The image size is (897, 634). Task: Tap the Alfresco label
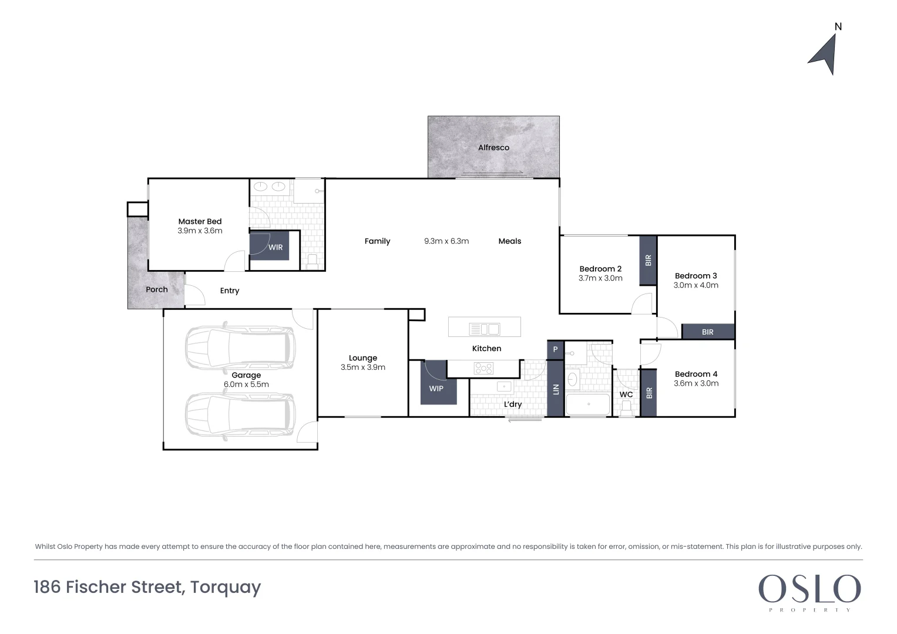[493, 148]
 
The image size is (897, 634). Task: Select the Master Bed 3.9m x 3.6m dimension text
[200, 231]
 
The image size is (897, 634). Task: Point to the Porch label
[157, 289]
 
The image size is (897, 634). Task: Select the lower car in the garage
[240, 414]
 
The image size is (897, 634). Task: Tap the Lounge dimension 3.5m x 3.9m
[362, 367]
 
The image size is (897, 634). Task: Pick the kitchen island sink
[485, 329]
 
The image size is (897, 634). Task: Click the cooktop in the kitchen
[484, 368]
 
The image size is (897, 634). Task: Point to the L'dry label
[512, 404]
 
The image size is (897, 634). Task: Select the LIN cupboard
[555, 389]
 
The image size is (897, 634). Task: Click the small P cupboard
[555, 349]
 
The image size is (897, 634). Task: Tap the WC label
[626, 394]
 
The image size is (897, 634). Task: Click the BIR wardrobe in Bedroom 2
[648, 260]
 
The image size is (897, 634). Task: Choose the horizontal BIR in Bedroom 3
[708, 332]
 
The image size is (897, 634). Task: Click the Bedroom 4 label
[696, 374]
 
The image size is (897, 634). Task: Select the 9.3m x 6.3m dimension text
[446, 241]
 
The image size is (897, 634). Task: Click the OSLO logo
[809, 589]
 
